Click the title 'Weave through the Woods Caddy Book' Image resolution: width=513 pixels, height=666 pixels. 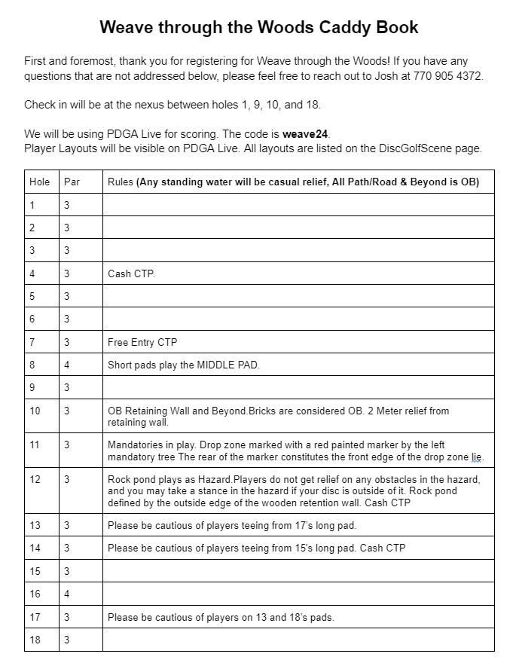(258, 28)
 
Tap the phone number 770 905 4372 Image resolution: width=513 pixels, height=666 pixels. (445, 76)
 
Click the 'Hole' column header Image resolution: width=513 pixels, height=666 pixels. (39, 182)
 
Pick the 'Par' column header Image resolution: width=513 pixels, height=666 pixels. (72, 182)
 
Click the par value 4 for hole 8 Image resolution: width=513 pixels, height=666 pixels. (67, 365)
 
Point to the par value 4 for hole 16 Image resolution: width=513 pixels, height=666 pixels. (67, 594)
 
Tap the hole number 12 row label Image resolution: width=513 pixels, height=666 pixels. (35, 479)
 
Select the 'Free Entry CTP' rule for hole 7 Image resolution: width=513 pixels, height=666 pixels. (142, 342)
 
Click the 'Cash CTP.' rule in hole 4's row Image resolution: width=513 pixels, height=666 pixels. (131, 273)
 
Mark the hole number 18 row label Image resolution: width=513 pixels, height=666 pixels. (35, 640)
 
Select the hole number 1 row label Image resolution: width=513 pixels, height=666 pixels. (32, 205)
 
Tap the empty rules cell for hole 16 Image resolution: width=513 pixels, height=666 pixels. (298, 594)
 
